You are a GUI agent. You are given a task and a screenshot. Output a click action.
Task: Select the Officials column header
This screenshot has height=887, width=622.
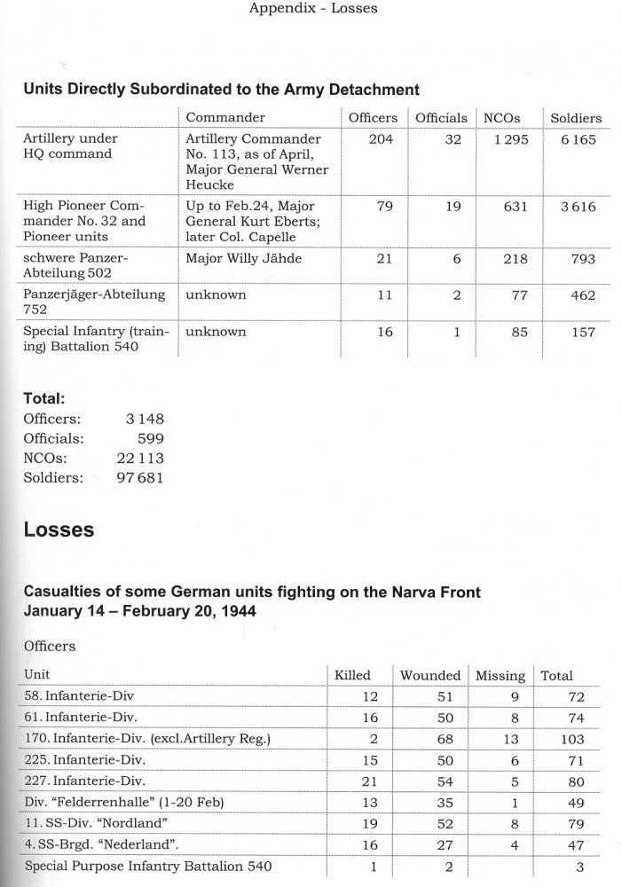[x=441, y=118]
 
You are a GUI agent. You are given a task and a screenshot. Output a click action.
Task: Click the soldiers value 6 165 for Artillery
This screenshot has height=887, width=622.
[x=577, y=139]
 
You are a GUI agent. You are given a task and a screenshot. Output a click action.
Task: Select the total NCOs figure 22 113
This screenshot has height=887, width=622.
[x=139, y=459]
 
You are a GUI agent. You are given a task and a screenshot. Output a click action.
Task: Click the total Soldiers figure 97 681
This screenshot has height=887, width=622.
[x=139, y=478]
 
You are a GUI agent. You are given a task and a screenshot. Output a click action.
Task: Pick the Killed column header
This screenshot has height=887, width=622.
[x=351, y=676]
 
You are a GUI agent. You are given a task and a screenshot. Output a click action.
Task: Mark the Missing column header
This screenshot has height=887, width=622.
[x=500, y=676]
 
